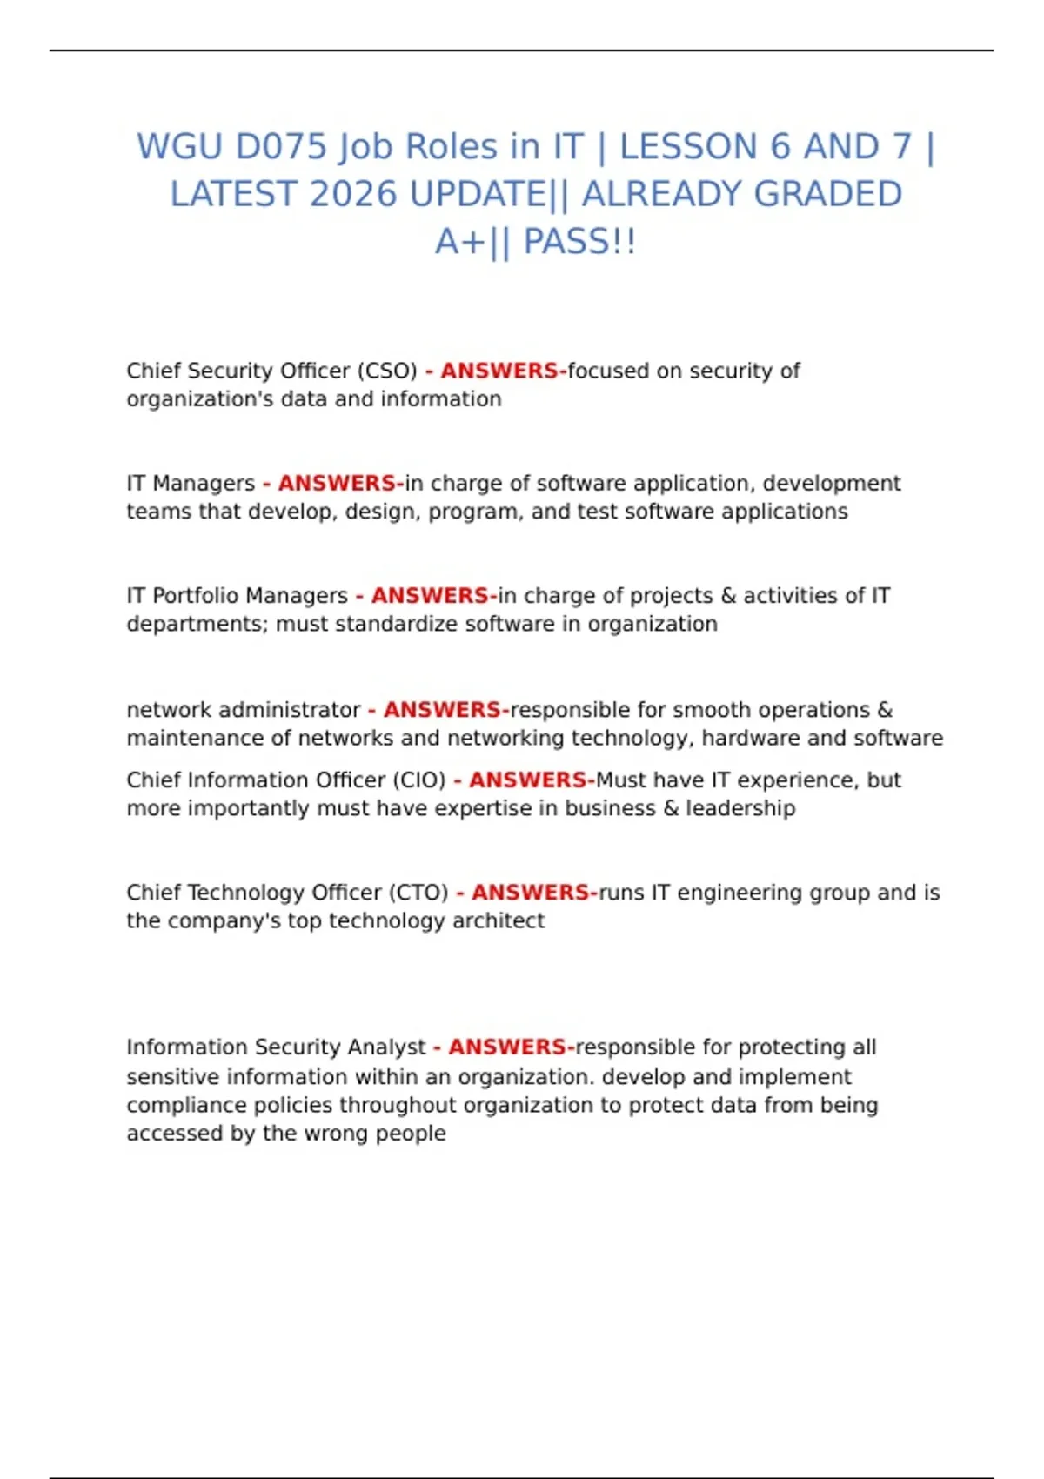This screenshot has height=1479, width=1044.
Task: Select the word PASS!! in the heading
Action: pyautogui.click(x=579, y=242)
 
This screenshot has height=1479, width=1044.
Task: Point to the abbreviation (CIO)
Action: pyautogui.click(x=418, y=780)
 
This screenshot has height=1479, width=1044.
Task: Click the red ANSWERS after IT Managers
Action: pyautogui.click(x=337, y=483)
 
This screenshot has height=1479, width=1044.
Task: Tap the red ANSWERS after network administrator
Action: pyautogui.click(x=442, y=710)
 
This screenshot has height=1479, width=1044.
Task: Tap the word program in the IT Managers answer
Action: pyautogui.click(x=474, y=512)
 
